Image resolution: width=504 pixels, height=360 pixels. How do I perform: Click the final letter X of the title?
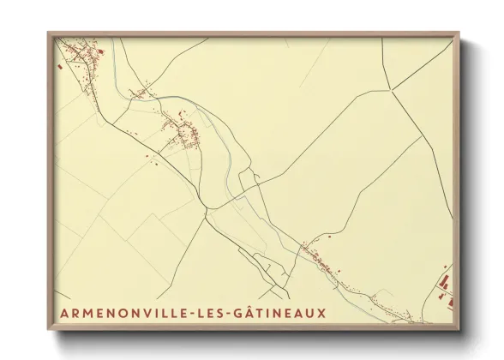(x=322, y=314)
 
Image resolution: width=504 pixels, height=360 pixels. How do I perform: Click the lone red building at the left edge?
(x=57, y=64)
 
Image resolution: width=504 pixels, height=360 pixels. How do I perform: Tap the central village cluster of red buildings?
(x=185, y=133)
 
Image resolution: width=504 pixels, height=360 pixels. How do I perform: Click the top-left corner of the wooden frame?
(x=48, y=33)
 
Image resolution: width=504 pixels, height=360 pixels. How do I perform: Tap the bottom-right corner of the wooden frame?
(x=459, y=328)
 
